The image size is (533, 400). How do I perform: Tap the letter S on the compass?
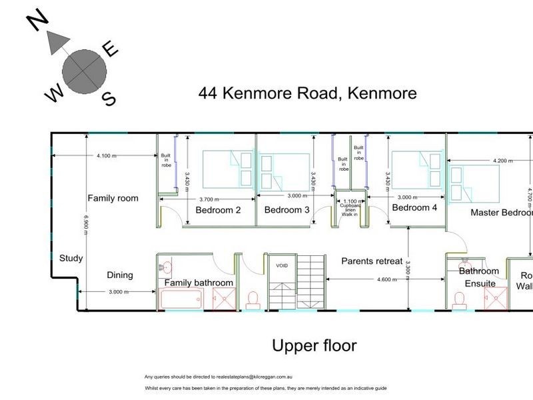coord(109,99)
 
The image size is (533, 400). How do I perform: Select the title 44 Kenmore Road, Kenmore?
coord(307,93)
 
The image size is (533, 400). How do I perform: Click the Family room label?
coord(113,197)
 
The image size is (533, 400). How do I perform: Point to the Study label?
coord(71,258)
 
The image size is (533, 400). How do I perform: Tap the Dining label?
coord(120,275)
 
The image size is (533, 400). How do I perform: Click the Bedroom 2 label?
coord(218,210)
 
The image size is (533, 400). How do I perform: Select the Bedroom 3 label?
coord(286,210)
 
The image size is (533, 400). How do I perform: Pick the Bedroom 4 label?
coord(414,207)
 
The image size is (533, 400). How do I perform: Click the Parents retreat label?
coord(372,261)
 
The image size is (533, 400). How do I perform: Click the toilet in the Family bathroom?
coord(253,300)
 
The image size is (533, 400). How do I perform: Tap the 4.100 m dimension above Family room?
coord(107,155)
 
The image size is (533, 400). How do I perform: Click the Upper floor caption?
coord(314,346)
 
